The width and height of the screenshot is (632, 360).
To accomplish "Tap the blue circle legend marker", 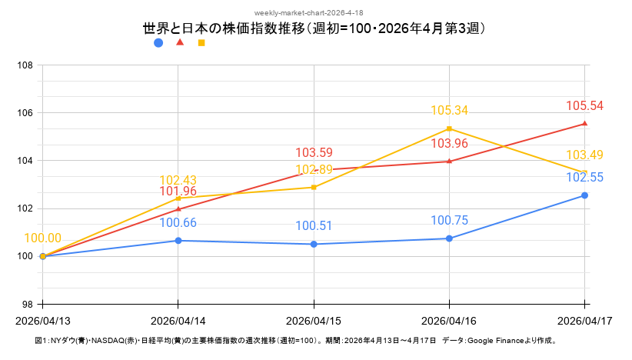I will pyautogui.click(x=158, y=43).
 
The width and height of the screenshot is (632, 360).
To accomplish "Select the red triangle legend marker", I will pyautogui.click(x=180, y=42).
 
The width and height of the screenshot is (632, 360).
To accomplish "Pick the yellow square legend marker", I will pyautogui.click(x=201, y=43).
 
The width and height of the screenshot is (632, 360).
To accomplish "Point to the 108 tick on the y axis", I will pyautogui.click(x=25, y=65).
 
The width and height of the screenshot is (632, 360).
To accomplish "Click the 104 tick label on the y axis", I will pyautogui.click(x=25, y=161).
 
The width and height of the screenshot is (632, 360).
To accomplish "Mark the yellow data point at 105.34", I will pyautogui.click(x=450, y=128).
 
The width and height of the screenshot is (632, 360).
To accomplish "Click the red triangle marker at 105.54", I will pyautogui.click(x=585, y=123).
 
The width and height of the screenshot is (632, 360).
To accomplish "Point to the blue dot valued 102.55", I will pyautogui.click(x=585, y=195).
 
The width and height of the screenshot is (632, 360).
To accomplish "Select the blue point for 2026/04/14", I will pyautogui.click(x=178, y=241).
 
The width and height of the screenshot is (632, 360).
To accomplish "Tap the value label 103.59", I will pyautogui.click(x=314, y=152).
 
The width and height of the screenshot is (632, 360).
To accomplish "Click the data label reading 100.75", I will pyautogui.click(x=450, y=221).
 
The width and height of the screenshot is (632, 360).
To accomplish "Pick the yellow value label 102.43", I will pyautogui.click(x=178, y=181).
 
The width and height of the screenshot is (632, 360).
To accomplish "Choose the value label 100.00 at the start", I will pyautogui.click(x=43, y=238).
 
